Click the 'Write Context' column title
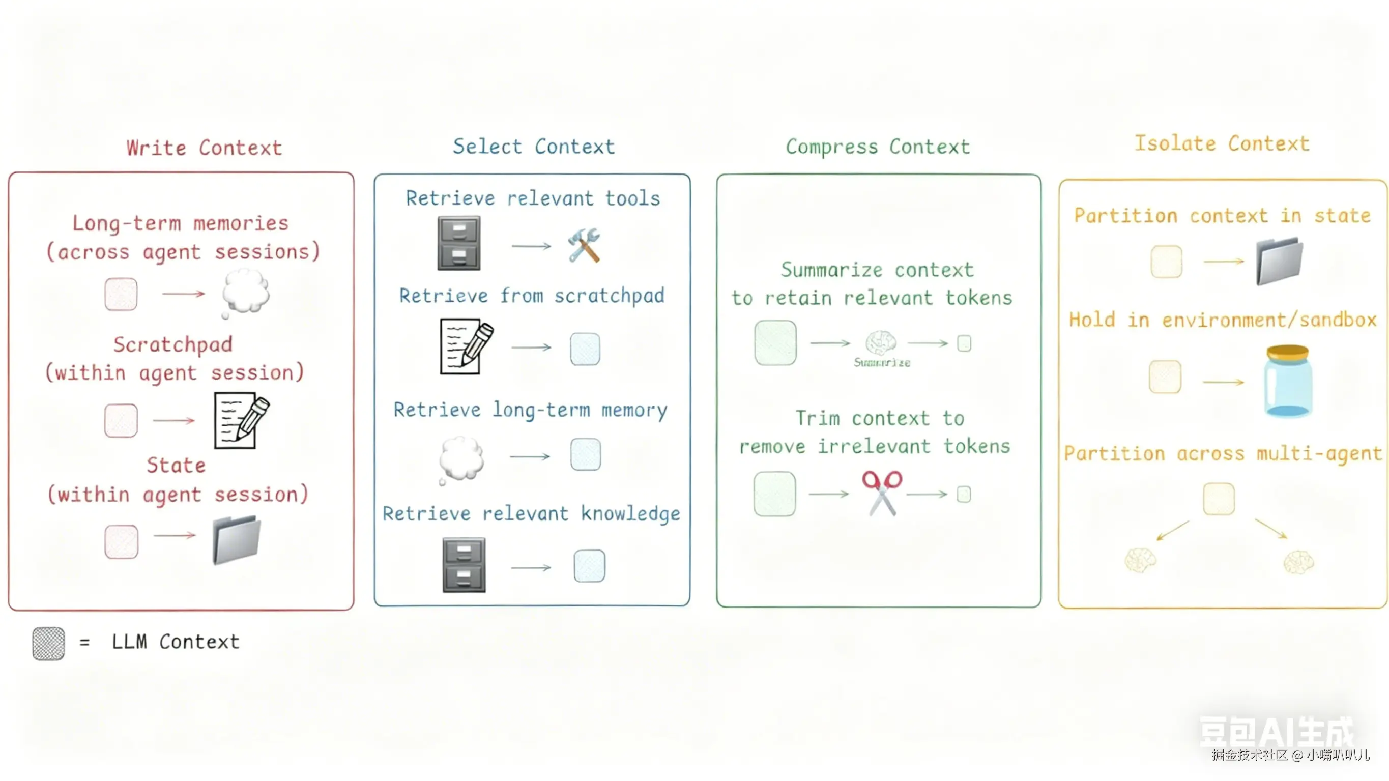205,148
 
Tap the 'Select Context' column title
533,147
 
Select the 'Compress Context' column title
877,147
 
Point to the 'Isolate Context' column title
1222,144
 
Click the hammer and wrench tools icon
584,245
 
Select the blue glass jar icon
1288,381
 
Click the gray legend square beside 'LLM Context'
48,643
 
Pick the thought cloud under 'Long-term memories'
245,293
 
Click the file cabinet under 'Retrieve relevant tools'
459,243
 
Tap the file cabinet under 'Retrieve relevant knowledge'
464,565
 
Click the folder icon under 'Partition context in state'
1279,261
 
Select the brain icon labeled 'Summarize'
881,342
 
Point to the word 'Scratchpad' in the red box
173,344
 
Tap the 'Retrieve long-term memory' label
530,410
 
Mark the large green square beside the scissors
774,494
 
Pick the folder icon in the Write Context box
237,539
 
